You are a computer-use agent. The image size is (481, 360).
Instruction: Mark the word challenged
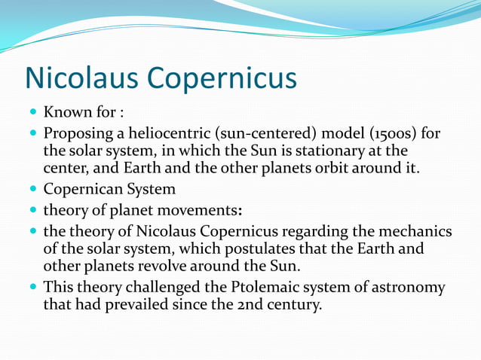tap(170, 288)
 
